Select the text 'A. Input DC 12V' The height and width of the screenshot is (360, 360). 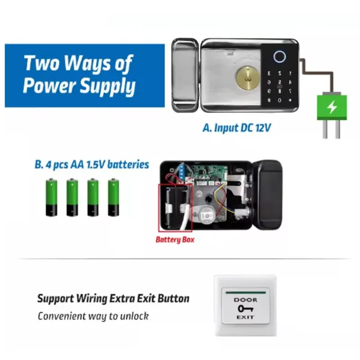pyautogui.click(x=237, y=128)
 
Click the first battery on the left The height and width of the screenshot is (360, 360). pyautogui.click(x=52, y=197)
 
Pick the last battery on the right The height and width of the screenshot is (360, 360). pyautogui.click(x=113, y=197)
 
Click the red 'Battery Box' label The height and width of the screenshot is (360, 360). pyautogui.click(x=175, y=239)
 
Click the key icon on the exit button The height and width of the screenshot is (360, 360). pyautogui.click(x=245, y=308)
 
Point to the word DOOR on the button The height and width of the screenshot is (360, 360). pyautogui.click(x=245, y=300)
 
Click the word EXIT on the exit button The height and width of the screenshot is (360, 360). pyautogui.click(x=245, y=317)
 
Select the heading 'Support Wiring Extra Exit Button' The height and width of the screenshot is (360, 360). pyautogui.click(x=113, y=298)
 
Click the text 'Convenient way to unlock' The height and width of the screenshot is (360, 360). pyautogui.click(x=93, y=316)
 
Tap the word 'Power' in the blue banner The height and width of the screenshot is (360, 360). pyautogui.click(x=49, y=85)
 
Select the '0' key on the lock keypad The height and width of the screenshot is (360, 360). pyautogui.click(x=280, y=100)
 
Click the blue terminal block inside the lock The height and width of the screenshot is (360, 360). pyautogui.click(x=182, y=170)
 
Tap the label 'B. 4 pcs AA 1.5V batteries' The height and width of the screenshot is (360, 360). pyautogui.click(x=92, y=165)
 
